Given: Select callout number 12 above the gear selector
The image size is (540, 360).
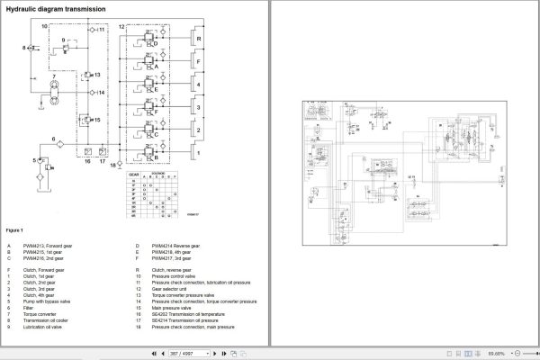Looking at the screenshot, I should [x=121, y=29].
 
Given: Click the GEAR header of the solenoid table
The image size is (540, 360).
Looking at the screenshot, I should [x=134, y=172].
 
